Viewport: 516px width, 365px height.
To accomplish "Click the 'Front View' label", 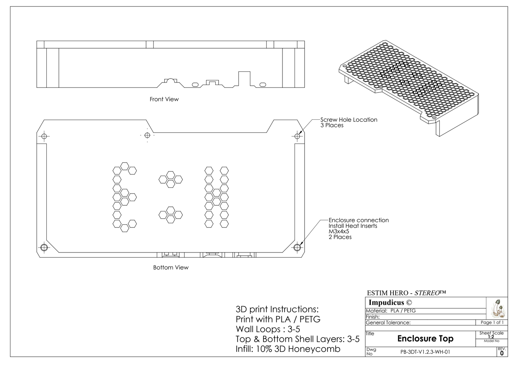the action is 164,99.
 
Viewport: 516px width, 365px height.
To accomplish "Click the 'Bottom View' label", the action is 171,267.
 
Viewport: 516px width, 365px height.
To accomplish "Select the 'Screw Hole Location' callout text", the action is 349,120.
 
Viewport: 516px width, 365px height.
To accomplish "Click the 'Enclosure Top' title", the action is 425,339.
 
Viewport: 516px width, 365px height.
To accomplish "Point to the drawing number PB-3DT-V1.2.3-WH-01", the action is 425,352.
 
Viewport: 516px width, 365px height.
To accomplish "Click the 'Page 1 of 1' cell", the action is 492,322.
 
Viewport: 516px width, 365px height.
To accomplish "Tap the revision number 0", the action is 502,353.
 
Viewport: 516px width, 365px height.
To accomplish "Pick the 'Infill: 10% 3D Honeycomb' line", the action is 288,349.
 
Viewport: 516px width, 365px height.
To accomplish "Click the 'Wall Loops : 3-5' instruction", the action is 268,329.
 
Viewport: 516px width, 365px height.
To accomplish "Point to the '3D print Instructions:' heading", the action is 277,309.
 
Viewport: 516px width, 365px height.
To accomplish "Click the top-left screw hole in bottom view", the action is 44,136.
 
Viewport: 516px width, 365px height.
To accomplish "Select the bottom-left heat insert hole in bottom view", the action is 44,247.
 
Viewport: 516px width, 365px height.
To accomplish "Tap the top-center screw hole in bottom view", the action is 147,135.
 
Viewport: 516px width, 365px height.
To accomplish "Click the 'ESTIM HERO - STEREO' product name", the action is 406,293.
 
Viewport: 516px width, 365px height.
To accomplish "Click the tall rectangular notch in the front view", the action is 244,79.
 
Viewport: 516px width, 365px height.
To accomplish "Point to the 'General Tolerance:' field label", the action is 388,322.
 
